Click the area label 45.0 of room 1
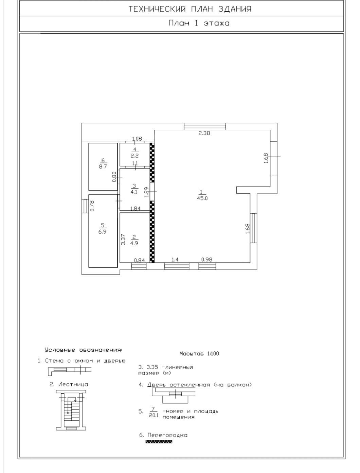[x=202, y=198]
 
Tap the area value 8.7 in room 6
[x=103, y=167]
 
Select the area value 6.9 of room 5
[x=103, y=232]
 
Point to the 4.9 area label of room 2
[x=134, y=243]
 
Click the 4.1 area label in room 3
[x=134, y=192]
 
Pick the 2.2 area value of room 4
[x=134, y=156]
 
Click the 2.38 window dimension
[x=204, y=133]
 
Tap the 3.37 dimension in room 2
[x=123, y=240]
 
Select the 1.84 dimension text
[x=136, y=208]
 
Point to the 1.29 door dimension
[x=147, y=192]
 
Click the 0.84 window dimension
[x=140, y=260]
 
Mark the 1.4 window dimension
[x=175, y=260]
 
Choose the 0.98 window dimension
[x=207, y=260]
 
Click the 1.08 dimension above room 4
[x=137, y=139]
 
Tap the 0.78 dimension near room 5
[x=92, y=206]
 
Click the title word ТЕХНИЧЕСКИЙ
[x=157, y=9]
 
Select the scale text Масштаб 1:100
[x=199, y=353]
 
